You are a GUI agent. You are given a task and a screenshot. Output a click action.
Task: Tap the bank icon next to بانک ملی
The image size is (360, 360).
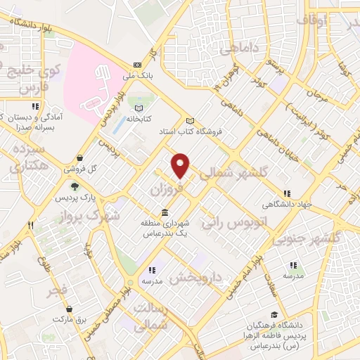tap(136, 63)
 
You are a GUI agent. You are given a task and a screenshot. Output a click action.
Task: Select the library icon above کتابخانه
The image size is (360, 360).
tap(139, 108)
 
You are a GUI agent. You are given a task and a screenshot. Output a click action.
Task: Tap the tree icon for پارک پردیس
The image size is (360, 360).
tap(74, 186)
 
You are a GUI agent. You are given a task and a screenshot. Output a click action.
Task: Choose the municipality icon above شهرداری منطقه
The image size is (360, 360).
tap(164, 213)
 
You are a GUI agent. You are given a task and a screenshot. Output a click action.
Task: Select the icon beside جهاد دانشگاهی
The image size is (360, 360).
tap(287, 194)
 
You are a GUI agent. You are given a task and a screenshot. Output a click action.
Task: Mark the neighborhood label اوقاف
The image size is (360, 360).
tap(312, 21)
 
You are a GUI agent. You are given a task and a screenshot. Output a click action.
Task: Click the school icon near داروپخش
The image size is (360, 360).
tap(150, 269)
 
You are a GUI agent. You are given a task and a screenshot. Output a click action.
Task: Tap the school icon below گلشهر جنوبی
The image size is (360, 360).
tap(293, 265)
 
